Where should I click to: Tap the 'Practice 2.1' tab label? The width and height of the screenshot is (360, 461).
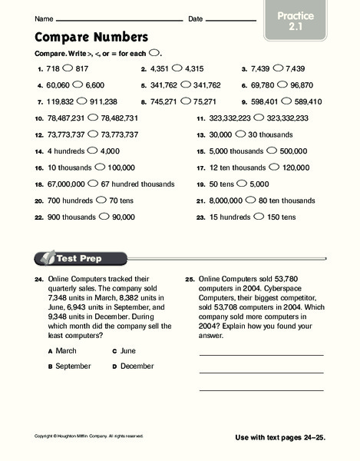point(294,21)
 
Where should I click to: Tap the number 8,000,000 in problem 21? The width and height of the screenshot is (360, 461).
point(228,201)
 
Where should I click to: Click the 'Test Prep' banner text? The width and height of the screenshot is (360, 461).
point(81,258)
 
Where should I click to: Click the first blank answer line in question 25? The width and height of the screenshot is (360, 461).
point(261,353)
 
